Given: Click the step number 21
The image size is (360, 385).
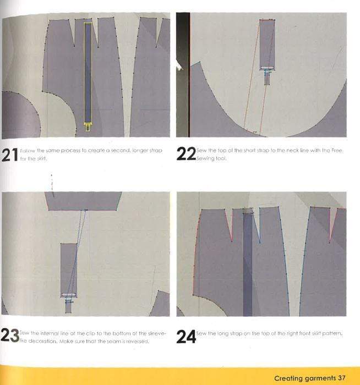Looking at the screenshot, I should click(9, 155).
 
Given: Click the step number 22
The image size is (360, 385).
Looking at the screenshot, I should click(186, 155).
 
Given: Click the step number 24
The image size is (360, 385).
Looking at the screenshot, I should click(186, 337).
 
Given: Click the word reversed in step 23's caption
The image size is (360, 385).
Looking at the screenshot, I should click(137, 340).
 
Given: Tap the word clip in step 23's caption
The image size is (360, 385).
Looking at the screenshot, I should click(71, 333).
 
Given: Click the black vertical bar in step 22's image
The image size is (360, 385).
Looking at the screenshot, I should click(183, 74).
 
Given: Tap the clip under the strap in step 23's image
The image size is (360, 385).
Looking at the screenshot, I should click(68, 300).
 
